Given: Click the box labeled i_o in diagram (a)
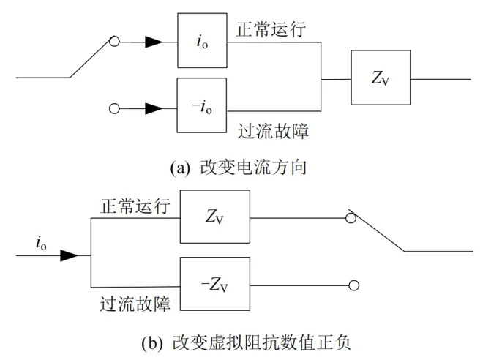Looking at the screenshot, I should click(202, 42).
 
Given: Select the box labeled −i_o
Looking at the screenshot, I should click(202, 107).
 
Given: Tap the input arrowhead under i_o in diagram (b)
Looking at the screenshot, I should click(68, 255).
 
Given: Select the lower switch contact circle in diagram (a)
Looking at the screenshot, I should click(113, 108).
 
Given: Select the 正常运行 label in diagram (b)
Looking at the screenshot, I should click(134, 207).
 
